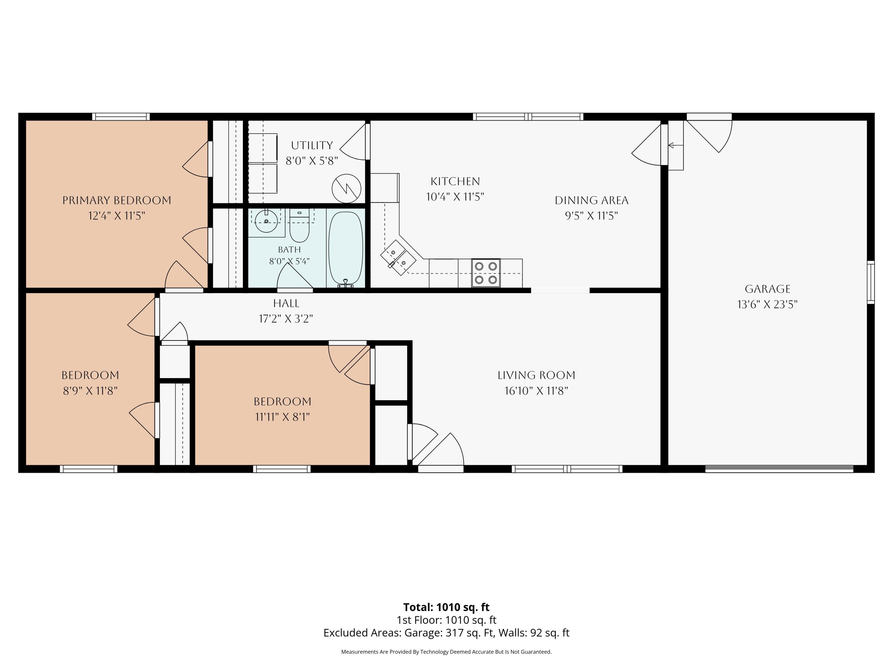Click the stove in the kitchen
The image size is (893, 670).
coord(486,273)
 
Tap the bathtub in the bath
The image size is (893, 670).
coord(346,248)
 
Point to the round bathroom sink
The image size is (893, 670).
coord(266,221)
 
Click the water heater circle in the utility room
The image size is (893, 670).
coord(346,188)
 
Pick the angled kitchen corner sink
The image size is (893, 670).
coord(398,258)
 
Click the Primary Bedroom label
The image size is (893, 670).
coord(117,200)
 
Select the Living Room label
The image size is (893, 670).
coord(536,375)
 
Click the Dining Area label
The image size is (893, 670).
coord(591,200)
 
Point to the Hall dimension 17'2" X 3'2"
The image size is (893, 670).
coord(286,319)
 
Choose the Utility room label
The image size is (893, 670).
coord(312,145)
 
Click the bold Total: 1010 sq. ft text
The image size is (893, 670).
coord(447,607)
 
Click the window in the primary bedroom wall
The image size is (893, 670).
coord(121,117)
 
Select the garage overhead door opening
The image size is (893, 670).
coord(779,469)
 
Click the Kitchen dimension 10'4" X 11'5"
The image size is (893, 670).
coord(455,197)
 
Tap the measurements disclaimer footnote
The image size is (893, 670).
coord(447,652)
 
